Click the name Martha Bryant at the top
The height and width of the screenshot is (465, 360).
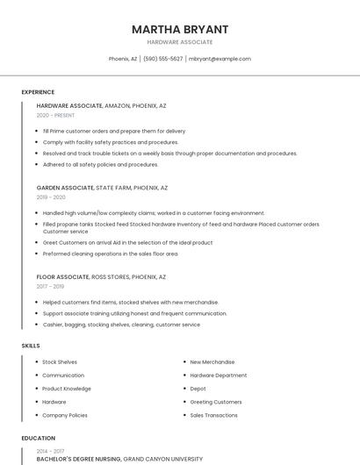[180, 29]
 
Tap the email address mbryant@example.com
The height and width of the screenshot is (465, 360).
[220, 59]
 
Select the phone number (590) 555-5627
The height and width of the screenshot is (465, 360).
[162, 59]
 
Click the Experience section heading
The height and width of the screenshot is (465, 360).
[38, 92]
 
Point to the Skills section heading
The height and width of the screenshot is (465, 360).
[31, 346]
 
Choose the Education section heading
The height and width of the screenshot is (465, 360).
[39, 438]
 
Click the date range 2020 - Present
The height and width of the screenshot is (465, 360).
[55, 115]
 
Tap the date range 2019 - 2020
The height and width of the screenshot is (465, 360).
[52, 197]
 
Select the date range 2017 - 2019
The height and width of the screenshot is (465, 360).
[50, 286]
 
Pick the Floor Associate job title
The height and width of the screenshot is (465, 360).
[63, 276]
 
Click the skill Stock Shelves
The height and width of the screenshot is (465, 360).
[60, 361]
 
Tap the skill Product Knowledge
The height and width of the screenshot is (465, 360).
[67, 389]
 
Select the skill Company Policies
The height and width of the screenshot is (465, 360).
[65, 415]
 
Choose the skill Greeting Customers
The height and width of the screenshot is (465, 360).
[216, 402]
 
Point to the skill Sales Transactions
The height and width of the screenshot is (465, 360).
[214, 415]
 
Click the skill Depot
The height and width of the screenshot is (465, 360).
[198, 389]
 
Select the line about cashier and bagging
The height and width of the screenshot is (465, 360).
[121, 325]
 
